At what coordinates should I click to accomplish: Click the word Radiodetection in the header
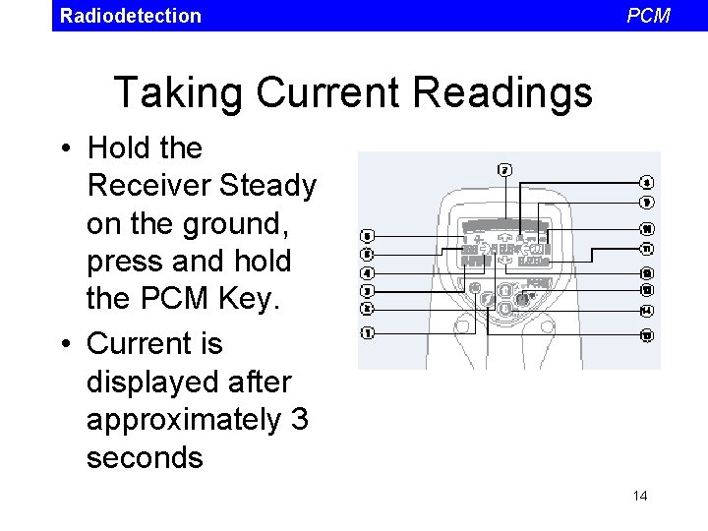pyautogui.click(x=130, y=16)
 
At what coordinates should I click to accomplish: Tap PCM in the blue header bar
pyautogui.click(x=648, y=16)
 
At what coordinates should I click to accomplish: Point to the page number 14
pyautogui.click(x=640, y=496)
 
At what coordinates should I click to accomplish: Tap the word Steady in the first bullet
pyautogui.click(x=267, y=186)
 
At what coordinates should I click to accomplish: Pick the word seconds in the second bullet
pyautogui.click(x=145, y=457)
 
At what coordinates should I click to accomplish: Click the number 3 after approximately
pyautogui.click(x=299, y=420)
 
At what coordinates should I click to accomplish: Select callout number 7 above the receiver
pyautogui.click(x=504, y=169)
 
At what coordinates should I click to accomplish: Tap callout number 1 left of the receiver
pyautogui.click(x=367, y=332)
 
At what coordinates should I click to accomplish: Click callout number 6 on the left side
pyautogui.click(x=367, y=236)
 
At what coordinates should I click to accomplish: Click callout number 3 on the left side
pyautogui.click(x=367, y=291)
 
